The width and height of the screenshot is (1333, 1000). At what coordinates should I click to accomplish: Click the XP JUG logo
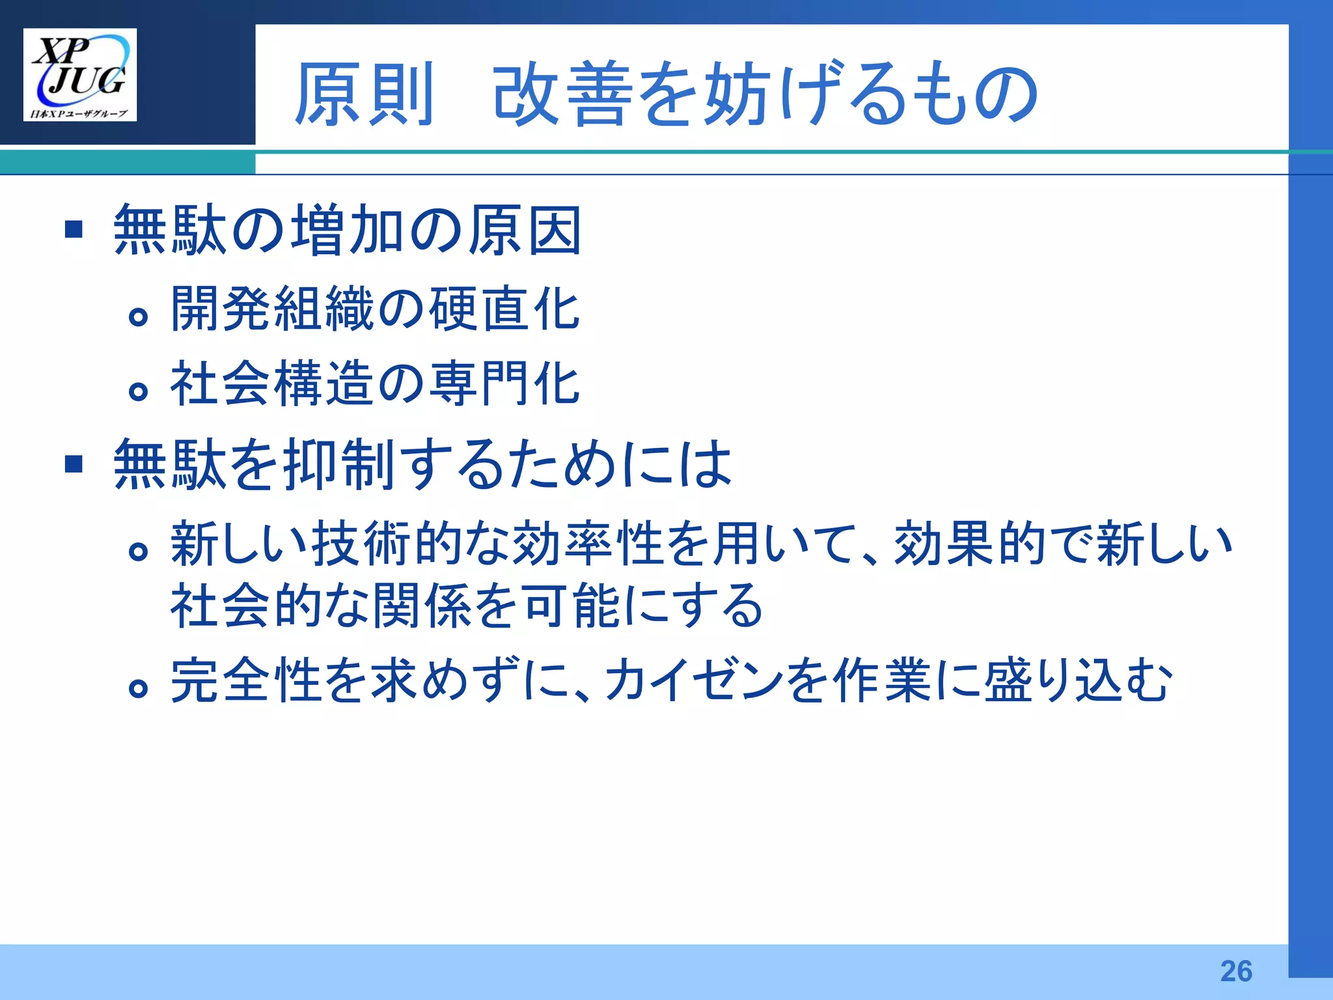point(79,74)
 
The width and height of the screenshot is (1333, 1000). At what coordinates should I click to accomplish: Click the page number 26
point(1236,971)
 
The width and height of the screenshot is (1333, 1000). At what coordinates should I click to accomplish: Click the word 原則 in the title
point(364,94)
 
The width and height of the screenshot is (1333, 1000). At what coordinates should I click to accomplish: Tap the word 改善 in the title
point(563,94)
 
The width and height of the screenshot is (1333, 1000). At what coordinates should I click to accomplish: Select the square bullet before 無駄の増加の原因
point(74,229)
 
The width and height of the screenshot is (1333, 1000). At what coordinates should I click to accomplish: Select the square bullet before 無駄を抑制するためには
point(74,464)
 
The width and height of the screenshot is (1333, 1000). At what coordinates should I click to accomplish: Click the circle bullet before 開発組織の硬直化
point(138,317)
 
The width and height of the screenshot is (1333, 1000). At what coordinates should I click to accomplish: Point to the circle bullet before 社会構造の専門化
point(138,391)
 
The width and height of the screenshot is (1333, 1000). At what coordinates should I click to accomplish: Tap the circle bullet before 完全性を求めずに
point(138,688)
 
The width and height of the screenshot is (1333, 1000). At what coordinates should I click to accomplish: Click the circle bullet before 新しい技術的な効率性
point(138,552)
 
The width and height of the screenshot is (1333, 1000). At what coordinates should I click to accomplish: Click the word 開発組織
point(272,309)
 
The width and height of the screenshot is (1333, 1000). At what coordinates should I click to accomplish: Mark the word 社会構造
point(272,383)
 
